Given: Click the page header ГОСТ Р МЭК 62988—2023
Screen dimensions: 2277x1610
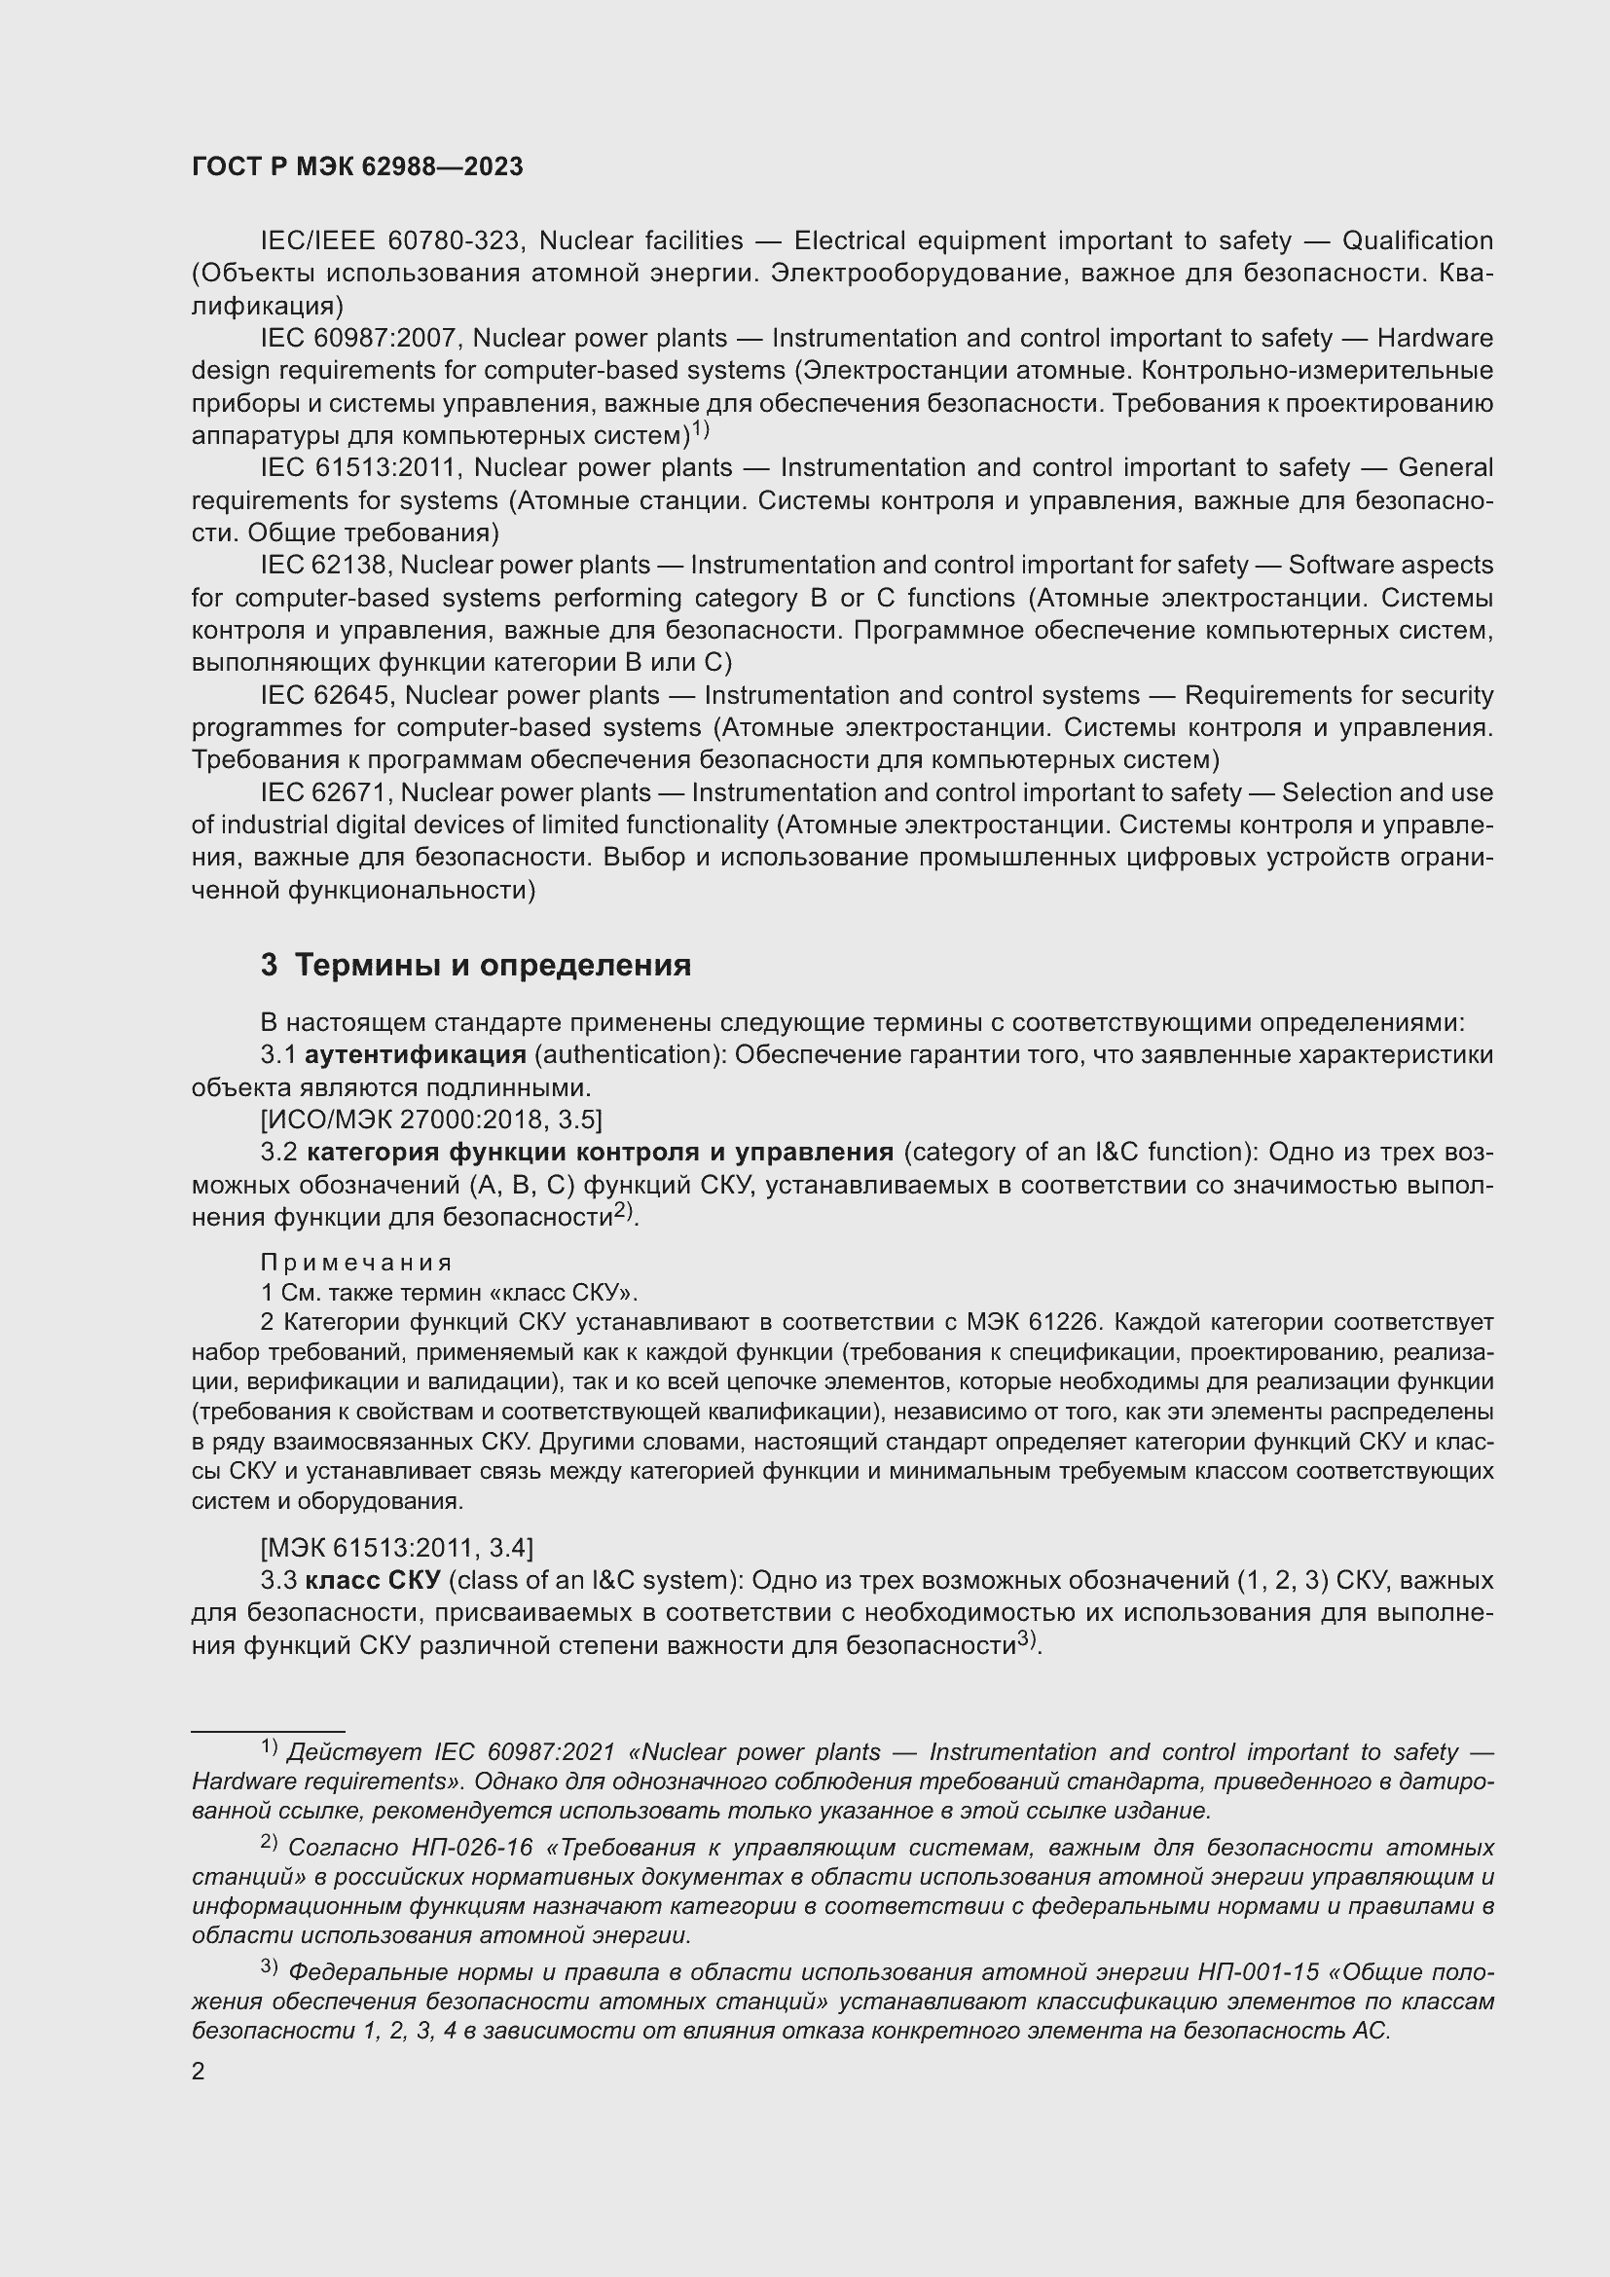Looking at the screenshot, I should point(357,167).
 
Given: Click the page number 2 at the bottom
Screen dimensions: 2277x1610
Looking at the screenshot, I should point(199,2072).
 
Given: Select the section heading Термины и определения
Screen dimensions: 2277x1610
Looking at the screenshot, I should point(493,965).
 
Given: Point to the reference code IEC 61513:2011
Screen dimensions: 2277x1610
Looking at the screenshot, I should point(361,467).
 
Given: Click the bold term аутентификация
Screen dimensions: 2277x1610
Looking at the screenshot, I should point(416,1054).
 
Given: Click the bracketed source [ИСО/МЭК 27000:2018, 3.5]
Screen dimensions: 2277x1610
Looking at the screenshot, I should point(431,1120).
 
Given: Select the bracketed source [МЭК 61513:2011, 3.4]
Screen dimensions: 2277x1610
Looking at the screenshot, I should point(396,1547).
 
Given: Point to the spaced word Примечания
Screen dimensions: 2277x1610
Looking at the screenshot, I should point(356,1263).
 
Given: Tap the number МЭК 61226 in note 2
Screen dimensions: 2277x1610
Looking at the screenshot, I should point(1047,1322).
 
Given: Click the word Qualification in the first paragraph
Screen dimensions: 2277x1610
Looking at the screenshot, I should point(1416,241).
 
